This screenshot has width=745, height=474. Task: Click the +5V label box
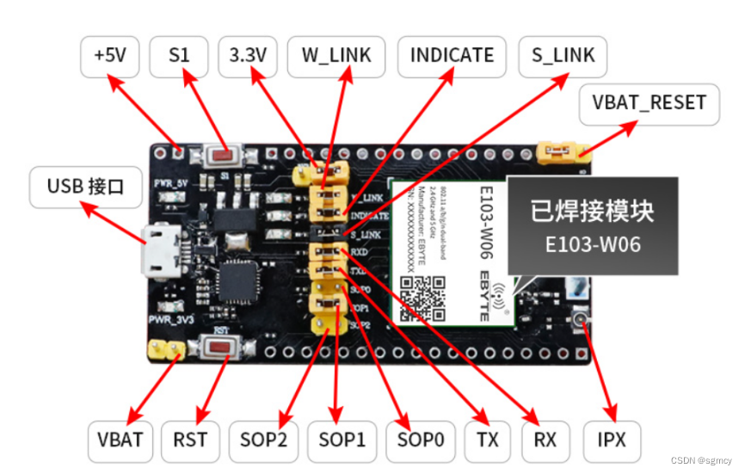tap(110, 56)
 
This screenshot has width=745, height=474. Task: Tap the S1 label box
tap(178, 56)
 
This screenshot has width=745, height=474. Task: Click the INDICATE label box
tap(452, 56)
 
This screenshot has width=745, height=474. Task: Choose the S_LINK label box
tap(563, 56)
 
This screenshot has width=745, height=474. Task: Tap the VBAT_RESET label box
tap(649, 103)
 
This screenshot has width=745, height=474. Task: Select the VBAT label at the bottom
tap(120, 440)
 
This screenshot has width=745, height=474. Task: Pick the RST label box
tap(190, 440)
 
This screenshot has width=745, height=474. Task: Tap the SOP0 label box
tap(421, 440)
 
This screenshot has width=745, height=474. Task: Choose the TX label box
tap(487, 440)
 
